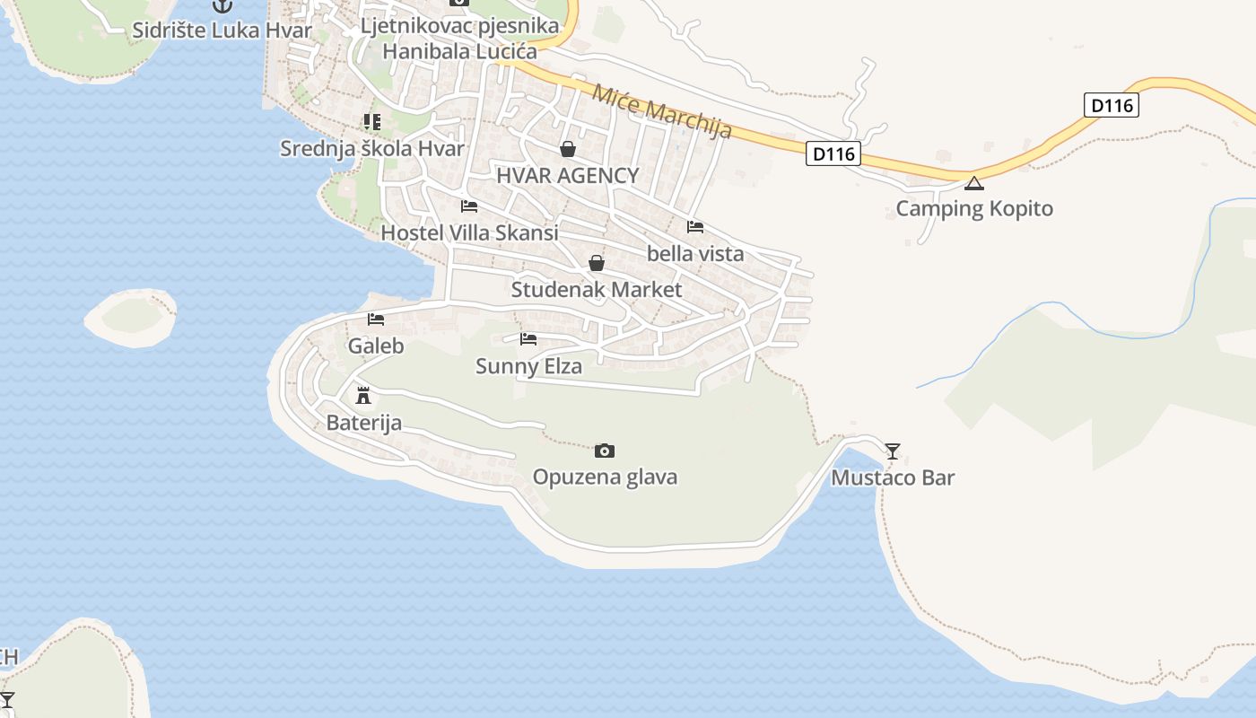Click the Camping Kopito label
(974, 209)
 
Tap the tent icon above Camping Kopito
(974, 184)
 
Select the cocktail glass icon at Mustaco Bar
(893, 451)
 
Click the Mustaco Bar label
(893, 477)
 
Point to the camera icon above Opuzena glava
(605, 451)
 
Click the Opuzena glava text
(605, 477)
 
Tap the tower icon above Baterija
(363, 395)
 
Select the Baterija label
(363, 422)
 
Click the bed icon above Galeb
(376, 320)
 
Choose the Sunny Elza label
(528, 366)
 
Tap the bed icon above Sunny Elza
(528, 339)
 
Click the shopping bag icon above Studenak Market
(596, 263)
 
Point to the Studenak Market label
(596, 290)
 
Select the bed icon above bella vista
(695, 227)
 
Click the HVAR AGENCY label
(568, 176)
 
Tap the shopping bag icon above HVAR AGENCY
(568, 149)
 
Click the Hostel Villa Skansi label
(469, 233)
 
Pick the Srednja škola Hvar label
(372, 149)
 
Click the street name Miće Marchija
(662, 110)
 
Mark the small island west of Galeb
(131, 316)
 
